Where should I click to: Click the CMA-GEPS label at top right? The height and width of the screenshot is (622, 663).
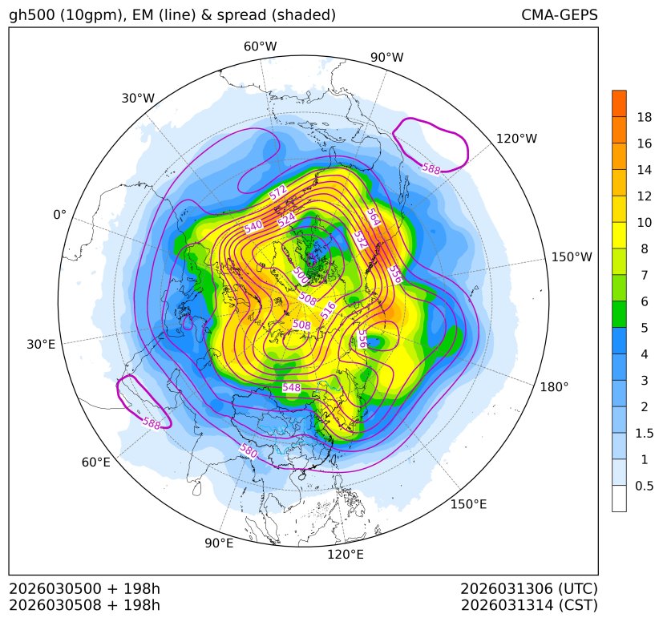click(x=559, y=15)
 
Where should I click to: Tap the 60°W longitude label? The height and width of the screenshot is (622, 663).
click(x=260, y=46)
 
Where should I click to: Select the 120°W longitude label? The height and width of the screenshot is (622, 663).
click(x=516, y=139)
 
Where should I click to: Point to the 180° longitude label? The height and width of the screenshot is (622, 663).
click(x=554, y=386)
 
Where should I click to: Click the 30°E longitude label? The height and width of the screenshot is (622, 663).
click(x=41, y=345)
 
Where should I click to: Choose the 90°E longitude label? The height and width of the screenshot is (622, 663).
click(x=219, y=543)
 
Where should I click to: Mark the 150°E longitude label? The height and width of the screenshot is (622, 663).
click(x=468, y=504)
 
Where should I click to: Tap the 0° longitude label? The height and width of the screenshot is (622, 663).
click(x=59, y=215)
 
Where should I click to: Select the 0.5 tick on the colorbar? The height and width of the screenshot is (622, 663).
click(x=644, y=486)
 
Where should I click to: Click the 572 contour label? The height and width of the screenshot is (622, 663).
click(x=278, y=193)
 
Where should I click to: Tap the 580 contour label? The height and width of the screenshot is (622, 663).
click(x=249, y=451)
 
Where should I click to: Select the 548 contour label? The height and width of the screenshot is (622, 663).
click(x=292, y=388)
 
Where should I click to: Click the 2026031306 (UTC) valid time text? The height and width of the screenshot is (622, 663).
click(x=529, y=588)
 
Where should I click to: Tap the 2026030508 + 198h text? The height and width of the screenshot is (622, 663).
click(x=85, y=604)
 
